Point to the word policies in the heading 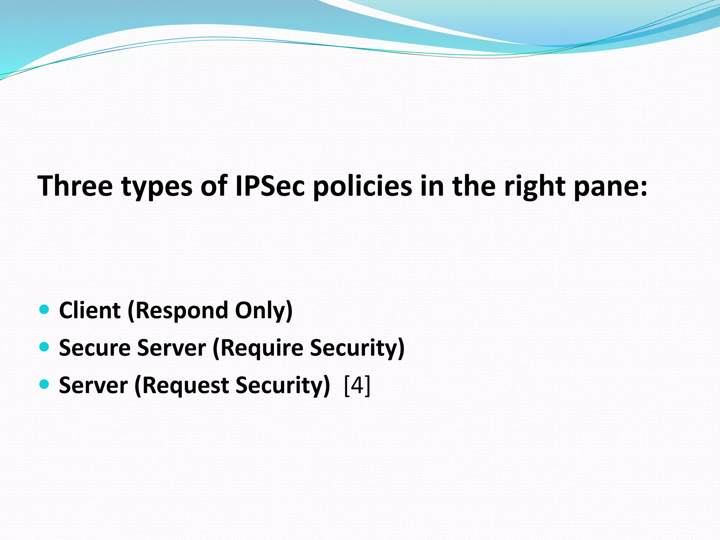362,186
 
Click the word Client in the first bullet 90,310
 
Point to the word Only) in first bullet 264,311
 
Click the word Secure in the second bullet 95,348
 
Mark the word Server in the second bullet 171,348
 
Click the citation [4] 357,386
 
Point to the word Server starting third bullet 93,386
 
